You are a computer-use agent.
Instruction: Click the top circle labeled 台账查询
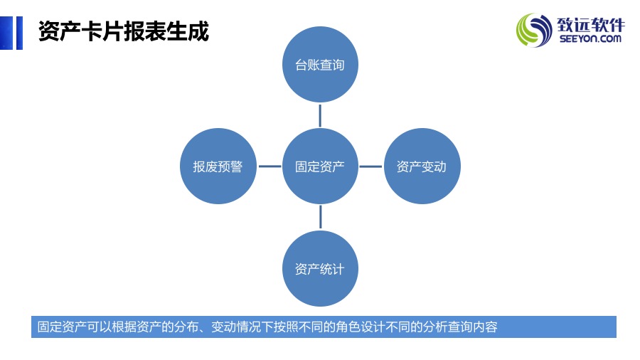pos(320,65)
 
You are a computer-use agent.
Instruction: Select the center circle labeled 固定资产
pos(320,166)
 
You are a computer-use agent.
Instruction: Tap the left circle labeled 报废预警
pos(218,166)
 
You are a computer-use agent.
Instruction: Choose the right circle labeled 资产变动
pos(422,166)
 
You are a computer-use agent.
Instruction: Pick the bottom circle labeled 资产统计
pos(320,268)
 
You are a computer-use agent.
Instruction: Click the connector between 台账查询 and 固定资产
pos(320,115)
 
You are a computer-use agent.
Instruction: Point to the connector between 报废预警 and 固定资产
pos(270,166)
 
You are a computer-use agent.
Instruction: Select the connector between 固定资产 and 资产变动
pos(370,166)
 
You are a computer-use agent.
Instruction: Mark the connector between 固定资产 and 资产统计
pos(321,217)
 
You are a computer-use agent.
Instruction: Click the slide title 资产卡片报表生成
pos(124,31)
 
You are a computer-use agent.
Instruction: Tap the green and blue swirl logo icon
pos(534,30)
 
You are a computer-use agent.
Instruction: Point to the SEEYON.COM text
pos(590,39)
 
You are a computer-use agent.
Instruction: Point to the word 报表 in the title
pos(145,31)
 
